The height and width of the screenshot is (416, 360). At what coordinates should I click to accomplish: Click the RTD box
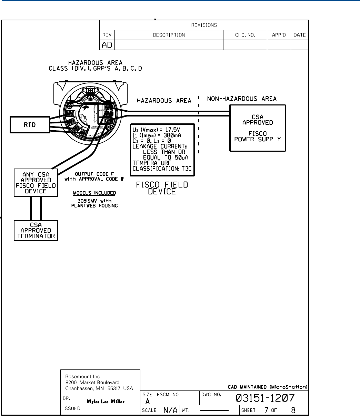pos(31,125)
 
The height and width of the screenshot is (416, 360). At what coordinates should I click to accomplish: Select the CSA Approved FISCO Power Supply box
pos(258,128)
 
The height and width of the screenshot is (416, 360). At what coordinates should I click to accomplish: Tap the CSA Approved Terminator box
pos(36,230)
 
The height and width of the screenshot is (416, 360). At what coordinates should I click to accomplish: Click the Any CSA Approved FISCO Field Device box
pos(36,183)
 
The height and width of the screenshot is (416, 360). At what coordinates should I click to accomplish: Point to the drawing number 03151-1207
pos(265,398)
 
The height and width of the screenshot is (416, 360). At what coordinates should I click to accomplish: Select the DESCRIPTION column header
pos(169,35)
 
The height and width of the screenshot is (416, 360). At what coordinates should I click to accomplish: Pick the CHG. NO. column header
pos(245,35)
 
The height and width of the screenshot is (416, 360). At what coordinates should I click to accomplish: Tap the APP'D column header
pos(279,35)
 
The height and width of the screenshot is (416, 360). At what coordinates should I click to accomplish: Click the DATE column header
pos(300,35)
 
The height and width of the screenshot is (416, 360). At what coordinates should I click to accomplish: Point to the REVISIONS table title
pos(204,25)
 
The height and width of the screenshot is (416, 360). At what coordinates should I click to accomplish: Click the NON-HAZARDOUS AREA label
pos(241,99)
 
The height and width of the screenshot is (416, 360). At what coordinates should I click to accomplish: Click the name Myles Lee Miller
pos(105,401)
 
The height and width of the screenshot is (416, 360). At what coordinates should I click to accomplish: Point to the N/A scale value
pos(171,410)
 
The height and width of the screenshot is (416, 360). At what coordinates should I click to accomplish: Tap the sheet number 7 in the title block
pos(267,410)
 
